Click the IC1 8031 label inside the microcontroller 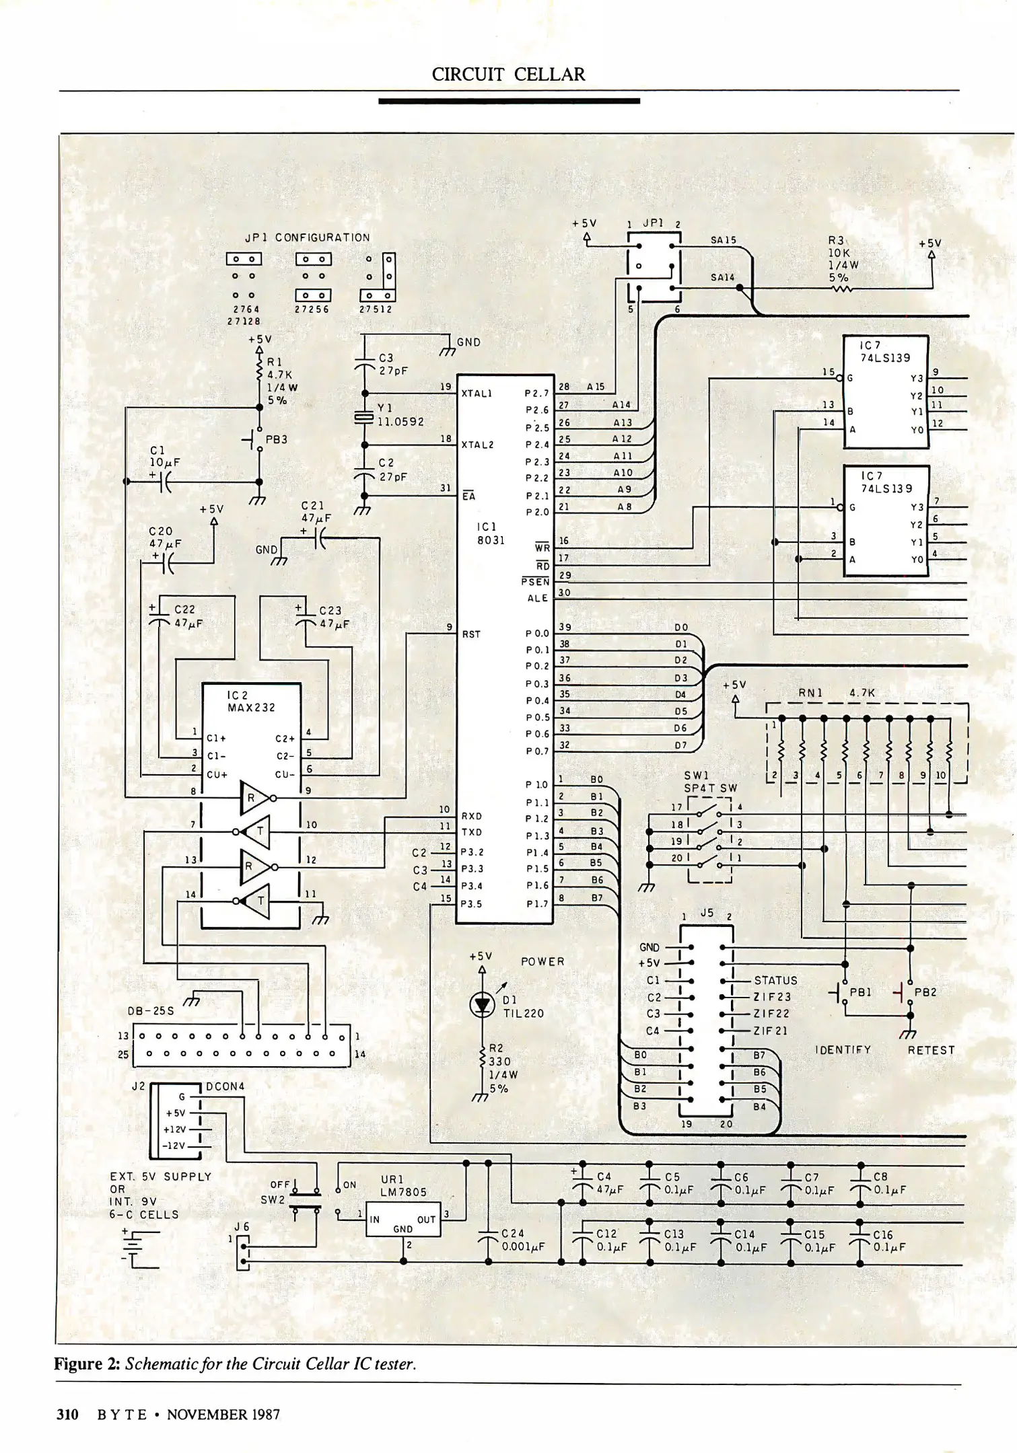tap(491, 533)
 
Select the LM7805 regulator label tap(403, 1192)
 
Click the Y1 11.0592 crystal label tap(400, 415)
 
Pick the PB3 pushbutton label tap(276, 439)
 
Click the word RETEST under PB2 tap(931, 1050)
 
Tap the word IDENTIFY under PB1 tap(843, 1049)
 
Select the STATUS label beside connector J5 tap(775, 981)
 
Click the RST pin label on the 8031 tap(471, 634)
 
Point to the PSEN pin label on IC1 tap(535, 581)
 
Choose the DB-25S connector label tap(151, 1010)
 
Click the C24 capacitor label tap(512, 1233)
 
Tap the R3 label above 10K tap(836, 239)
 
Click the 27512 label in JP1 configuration tap(376, 309)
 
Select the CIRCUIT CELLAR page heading tap(508, 75)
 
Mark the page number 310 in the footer tap(67, 1414)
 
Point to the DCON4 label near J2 tap(225, 1086)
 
